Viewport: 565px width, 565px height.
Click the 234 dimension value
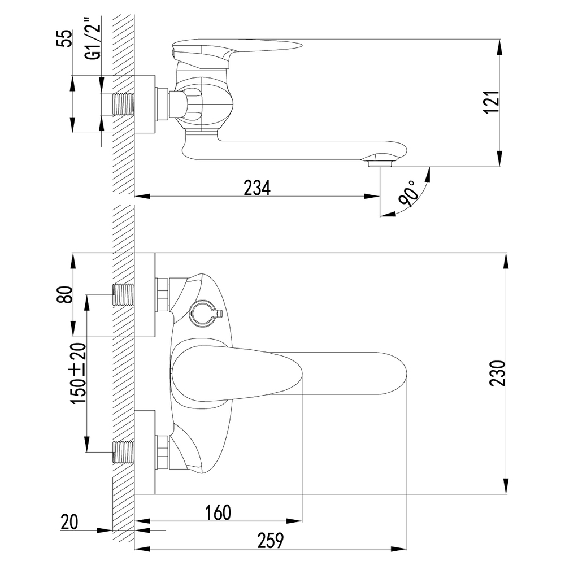click(x=257, y=188)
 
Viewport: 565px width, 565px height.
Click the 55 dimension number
click(x=64, y=38)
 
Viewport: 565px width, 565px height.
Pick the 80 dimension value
click(x=65, y=295)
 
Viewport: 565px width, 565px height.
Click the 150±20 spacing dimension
click(x=79, y=373)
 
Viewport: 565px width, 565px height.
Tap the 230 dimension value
click(x=498, y=373)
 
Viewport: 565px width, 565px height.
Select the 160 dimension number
click(x=218, y=512)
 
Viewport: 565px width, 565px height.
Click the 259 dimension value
click(x=271, y=541)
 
